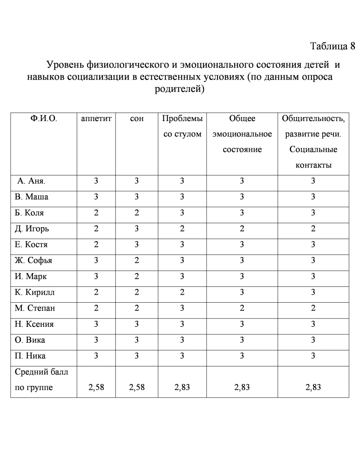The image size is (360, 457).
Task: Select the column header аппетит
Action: pos(96,118)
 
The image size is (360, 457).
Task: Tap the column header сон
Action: pos(136,118)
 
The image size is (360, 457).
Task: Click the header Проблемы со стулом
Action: pos(182,126)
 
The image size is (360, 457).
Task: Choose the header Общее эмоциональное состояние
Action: pos(242,134)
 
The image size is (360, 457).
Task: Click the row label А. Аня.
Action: pos(32,182)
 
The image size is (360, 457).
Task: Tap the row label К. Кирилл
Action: pos(34,292)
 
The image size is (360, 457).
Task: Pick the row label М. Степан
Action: pos(35,309)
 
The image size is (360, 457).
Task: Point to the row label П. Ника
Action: pos(30,356)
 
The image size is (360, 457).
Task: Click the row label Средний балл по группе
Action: pos(38,380)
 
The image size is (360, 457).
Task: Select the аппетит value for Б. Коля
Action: pos(96,213)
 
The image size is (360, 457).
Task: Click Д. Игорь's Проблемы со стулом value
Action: pos(182,229)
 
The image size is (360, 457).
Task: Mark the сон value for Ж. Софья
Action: pos(136,260)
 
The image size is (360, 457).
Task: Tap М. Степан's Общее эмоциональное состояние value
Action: pos(242,308)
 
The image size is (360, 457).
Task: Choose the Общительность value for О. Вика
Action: pos(313,340)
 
